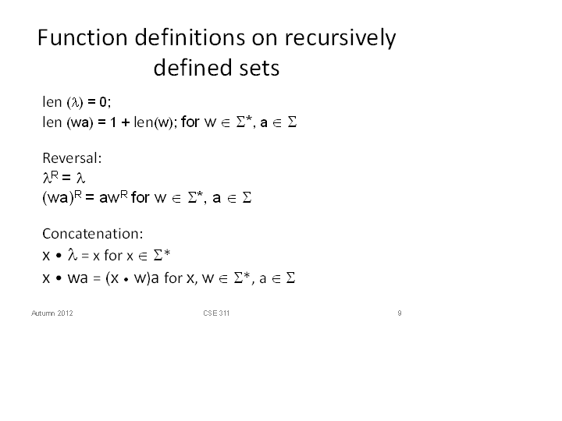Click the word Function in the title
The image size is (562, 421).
click(x=83, y=37)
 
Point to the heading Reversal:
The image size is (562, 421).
click(x=72, y=157)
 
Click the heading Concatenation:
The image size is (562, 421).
click(x=92, y=233)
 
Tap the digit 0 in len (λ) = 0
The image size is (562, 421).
click(x=103, y=102)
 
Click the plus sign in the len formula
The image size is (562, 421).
click(x=125, y=122)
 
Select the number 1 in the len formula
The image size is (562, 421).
click(x=113, y=122)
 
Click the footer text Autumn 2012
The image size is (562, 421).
click(x=52, y=313)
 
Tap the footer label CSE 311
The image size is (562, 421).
click(x=216, y=313)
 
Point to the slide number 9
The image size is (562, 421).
click(x=400, y=313)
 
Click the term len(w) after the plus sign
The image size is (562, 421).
click(x=154, y=122)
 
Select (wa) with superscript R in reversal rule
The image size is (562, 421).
click(x=62, y=197)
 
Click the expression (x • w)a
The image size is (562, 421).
click(x=132, y=278)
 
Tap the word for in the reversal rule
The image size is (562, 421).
click(x=140, y=197)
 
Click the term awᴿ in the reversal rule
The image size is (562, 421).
click(x=113, y=197)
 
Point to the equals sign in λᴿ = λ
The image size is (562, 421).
click(x=66, y=178)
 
